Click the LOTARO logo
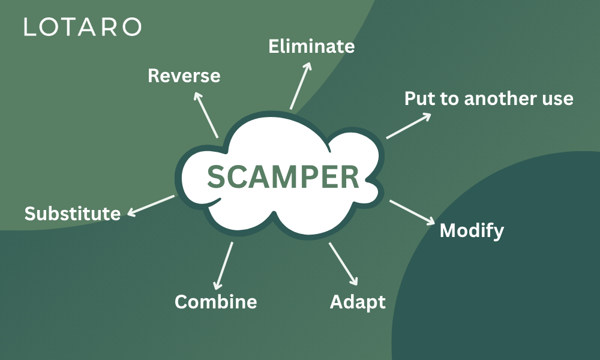coord(83,27)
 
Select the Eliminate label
coord(311,46)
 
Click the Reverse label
coord(184,76)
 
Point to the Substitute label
coord(73,213)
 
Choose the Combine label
coord(215,301)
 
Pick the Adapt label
coord(358,301)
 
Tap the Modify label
coord(472,230)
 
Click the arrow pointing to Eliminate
coord(301,85)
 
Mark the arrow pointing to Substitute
coord(151,205)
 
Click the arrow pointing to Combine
coord(224,265)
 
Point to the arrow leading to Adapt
coord(343,264)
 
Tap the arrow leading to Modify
coord(412,212)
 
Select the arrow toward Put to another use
coord(409,126)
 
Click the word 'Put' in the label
coord(418,98)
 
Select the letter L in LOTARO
coord(29,27)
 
